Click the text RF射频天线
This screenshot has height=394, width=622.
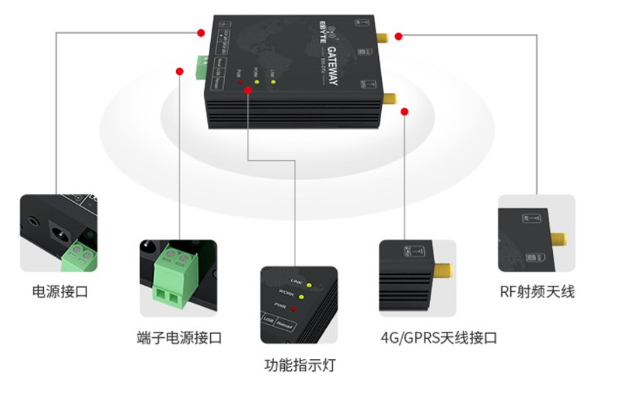click(x=537, y=292)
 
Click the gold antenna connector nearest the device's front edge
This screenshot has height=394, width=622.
click(x=390, y=98)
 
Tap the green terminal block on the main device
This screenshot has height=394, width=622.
click(x=203, y=65)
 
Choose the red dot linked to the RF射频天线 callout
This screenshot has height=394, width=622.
click(x=398, y=36)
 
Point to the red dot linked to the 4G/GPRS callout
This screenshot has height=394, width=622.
click(x=405, y=111)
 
